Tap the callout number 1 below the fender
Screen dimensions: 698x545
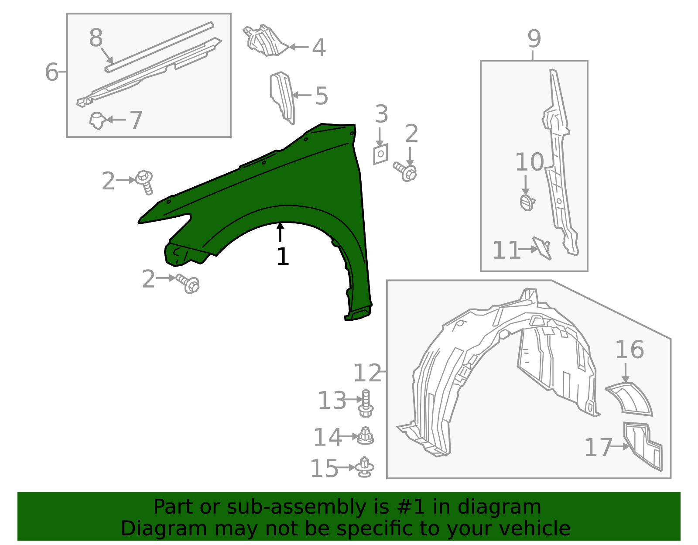click(283, 257)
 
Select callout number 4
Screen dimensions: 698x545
click(318, 48)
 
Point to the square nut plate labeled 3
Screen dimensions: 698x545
click(381, 154)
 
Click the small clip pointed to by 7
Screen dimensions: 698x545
click(97, 121)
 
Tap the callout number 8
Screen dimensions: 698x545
click(96, 38)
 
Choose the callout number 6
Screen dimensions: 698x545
click(52, 72)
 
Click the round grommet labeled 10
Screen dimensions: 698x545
click(527, 202)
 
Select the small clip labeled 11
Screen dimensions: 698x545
click(542, 248)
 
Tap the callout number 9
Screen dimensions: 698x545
click(534, 39)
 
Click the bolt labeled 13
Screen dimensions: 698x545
click(366, 403)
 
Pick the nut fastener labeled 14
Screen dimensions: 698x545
click(366, 436)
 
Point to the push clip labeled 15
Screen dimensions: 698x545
click(365, 467)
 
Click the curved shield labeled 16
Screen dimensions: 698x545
click(629, 399)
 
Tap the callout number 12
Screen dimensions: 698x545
click(367, 373)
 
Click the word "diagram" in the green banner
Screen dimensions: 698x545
click(499, 507)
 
